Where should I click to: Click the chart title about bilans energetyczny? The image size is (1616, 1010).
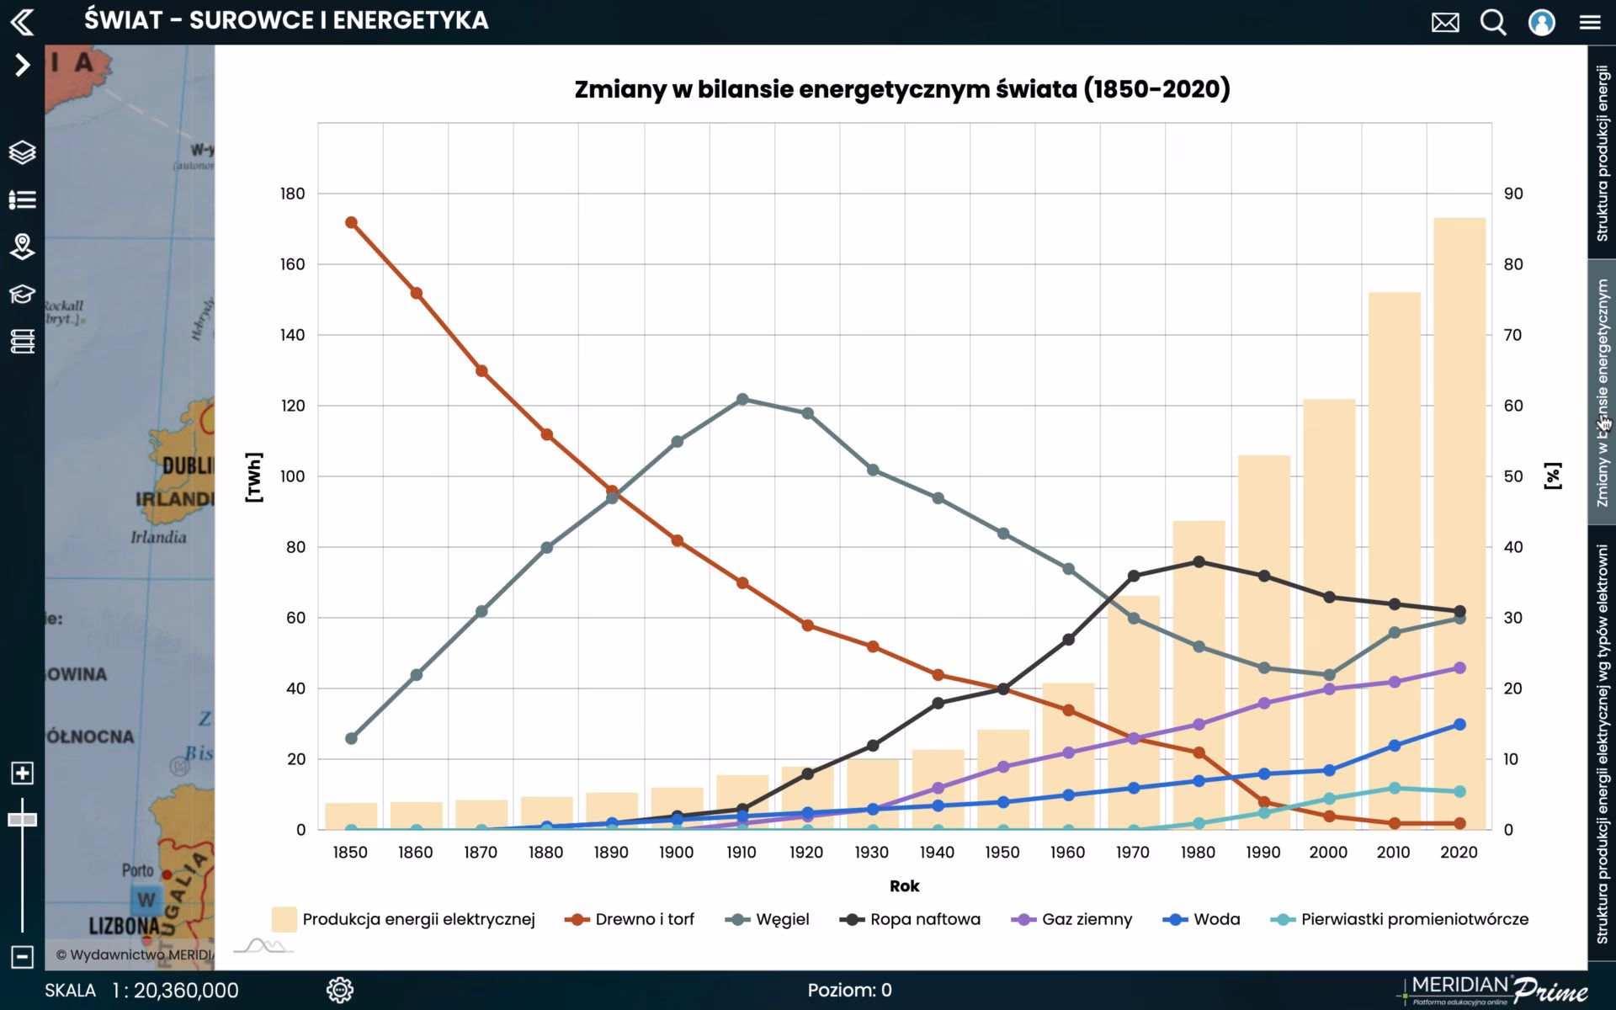901,89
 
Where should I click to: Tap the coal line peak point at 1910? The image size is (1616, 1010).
742,400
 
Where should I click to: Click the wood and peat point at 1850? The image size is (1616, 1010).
352,223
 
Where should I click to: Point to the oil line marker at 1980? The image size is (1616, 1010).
1199,561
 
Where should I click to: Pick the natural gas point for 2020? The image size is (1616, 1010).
1459,667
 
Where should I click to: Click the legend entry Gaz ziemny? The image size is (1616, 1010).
1086,919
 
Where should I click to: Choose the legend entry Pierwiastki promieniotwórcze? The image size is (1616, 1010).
1414,919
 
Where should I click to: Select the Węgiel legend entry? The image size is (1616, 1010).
781,919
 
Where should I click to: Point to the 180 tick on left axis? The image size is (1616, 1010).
292,194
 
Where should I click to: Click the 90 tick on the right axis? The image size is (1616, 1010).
1512,194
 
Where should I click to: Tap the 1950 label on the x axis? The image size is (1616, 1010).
1002,852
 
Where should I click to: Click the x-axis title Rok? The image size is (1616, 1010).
904,885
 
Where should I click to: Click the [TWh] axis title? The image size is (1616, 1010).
254,477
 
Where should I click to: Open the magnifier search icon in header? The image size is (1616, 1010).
1493,22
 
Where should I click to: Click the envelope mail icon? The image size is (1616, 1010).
1445,22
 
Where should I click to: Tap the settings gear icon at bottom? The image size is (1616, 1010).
339,990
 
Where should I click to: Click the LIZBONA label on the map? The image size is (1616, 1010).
125,926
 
